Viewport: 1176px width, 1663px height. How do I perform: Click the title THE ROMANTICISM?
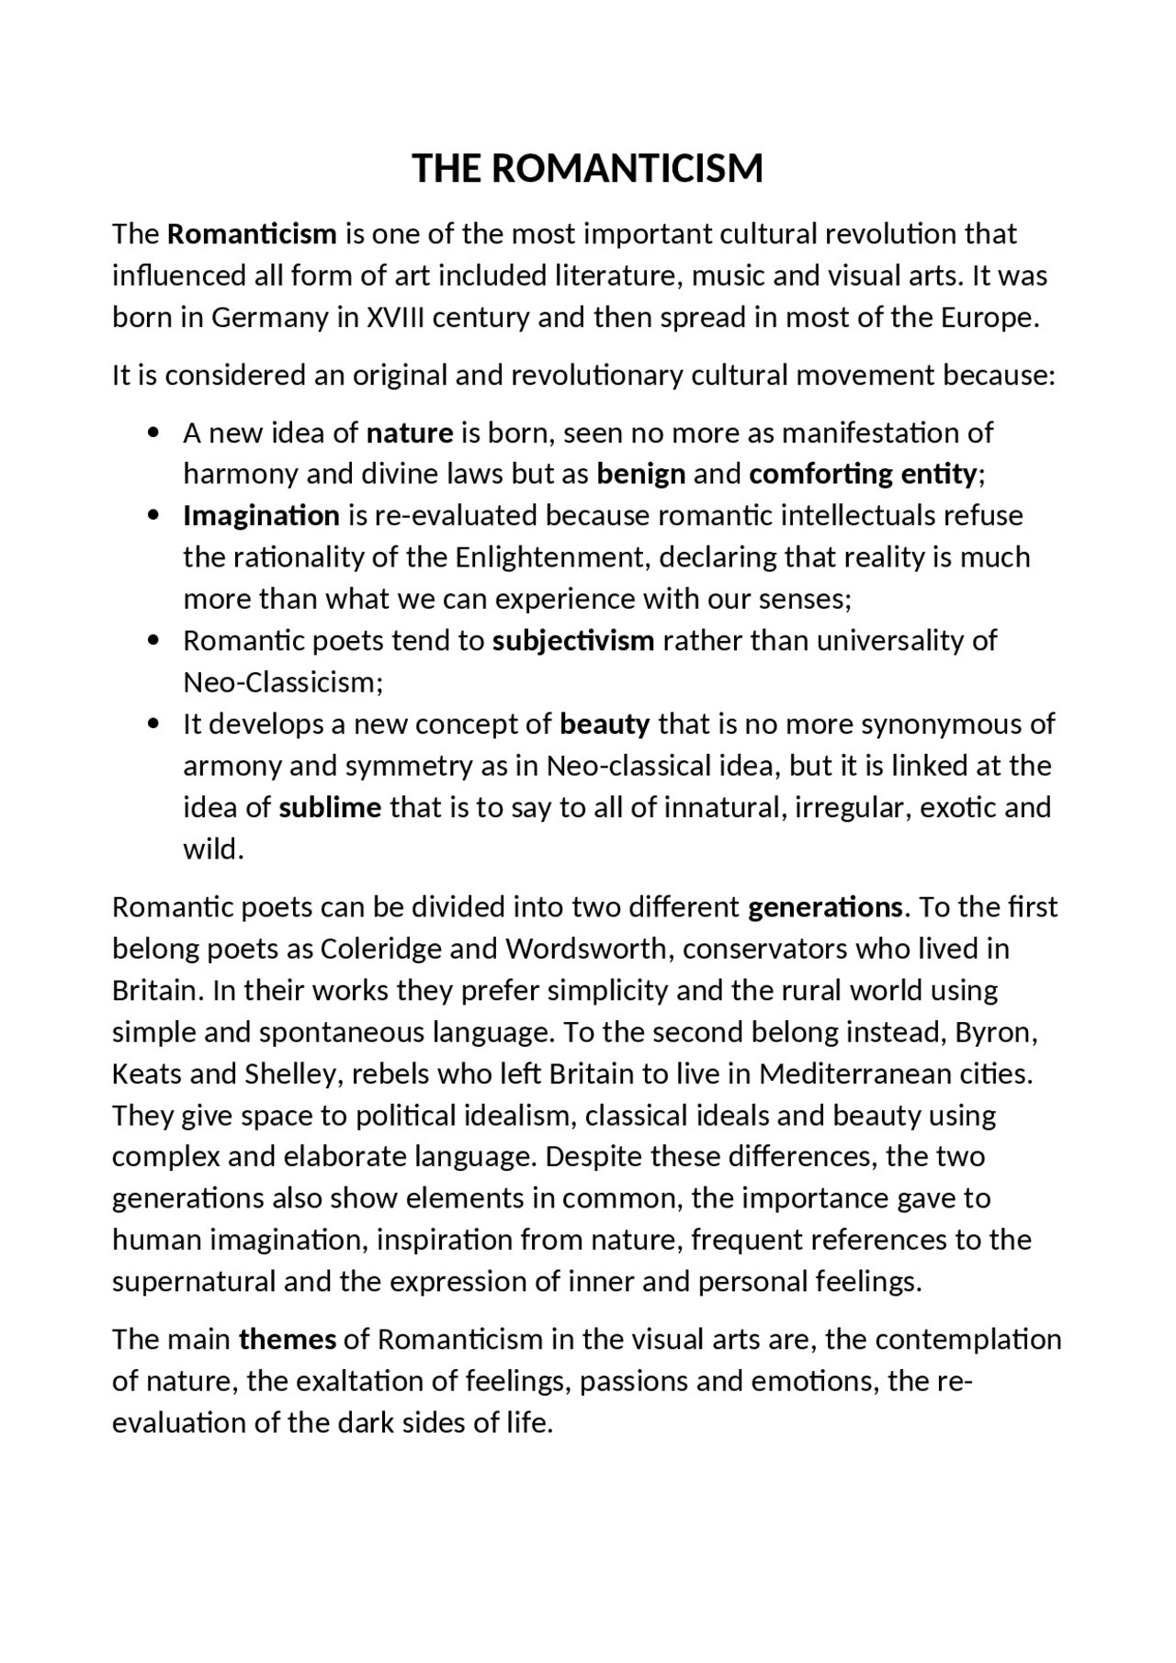coord(587,169)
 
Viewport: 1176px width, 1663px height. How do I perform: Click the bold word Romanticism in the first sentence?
coord(252,234)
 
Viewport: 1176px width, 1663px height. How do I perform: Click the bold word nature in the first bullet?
coord(410,433)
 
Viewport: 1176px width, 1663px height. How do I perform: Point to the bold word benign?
coord(640,474)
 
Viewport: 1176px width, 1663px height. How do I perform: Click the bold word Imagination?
coord(261,515)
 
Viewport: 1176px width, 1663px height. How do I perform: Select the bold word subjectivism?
coord(572,640)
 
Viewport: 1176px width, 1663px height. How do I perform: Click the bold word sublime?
coord(330,807)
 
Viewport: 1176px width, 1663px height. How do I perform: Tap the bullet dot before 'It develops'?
coord(153,725)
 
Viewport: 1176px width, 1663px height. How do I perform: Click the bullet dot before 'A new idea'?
coord(153,433)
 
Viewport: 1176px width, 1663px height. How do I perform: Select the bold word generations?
coord(825,907)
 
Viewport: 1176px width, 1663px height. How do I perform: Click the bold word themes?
coord(287,1340)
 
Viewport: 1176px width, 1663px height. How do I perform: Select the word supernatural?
coord(194,1281)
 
